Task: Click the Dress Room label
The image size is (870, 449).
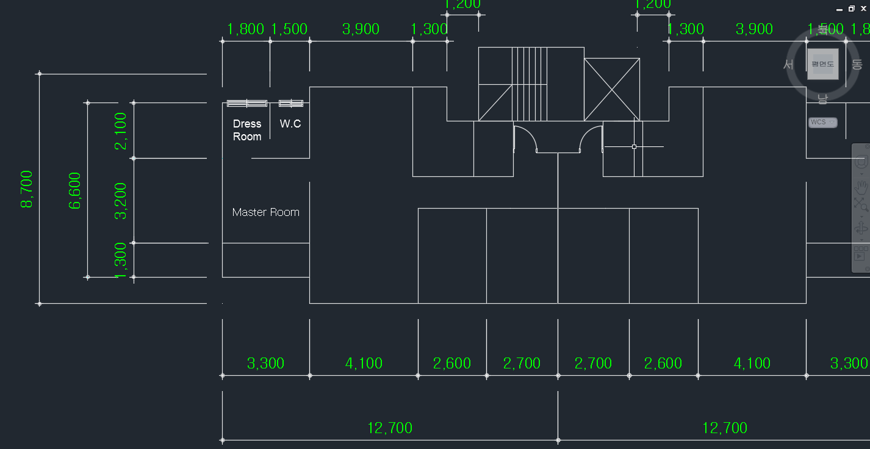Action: pyautogui.click(x=247, y=130)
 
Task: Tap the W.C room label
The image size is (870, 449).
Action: pyautogui.click(x=290, y=124)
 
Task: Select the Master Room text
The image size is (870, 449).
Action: pyautogui.click(x=265, y=212)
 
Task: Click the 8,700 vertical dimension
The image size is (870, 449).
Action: pyautogui.click(x=27, y=189)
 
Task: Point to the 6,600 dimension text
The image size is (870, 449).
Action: pyautogui.click(x=75, y=190)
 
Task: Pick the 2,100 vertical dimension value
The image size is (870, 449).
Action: pyautogui.click(x=121, y=131)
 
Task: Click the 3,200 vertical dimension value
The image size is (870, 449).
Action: pyautogui.click(x=121, y=200)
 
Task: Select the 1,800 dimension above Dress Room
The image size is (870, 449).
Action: pyautogui.click(x=245, y=29)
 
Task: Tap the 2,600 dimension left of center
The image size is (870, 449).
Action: pyautogui.click(x=452, y=364)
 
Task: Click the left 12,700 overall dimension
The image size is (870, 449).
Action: pyautogui.click(x=390, y=428)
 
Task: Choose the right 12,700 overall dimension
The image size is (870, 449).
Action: pyautogui.click(x=725, y=428)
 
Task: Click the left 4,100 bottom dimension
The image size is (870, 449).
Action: pyautogui.click(x=364, y=364)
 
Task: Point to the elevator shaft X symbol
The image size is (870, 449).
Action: pyautogui.click(x=612, y=89)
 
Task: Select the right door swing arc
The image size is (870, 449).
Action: pyautogui.click(x=589, y=137)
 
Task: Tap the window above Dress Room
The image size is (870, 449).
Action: pyautogui.click(x=247, y=103)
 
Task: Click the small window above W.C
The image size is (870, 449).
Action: pyautogui.click(x=291, y=103)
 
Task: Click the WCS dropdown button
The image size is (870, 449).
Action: pyautogui.click(x=822, y=123)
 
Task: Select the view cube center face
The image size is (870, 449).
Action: pyautogui.click(x=822, y=63)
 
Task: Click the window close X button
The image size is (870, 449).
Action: pyautogui.click(x=863, y=9)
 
